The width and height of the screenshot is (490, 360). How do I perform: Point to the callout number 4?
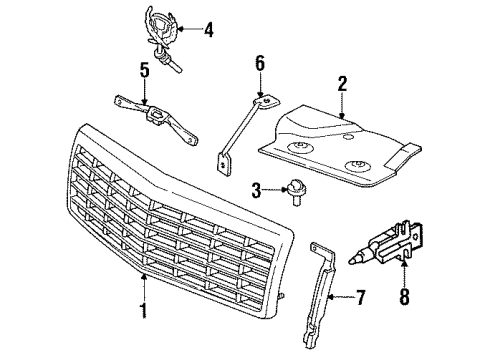[208, 31]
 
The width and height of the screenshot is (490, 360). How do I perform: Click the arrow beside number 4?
[190, 31]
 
